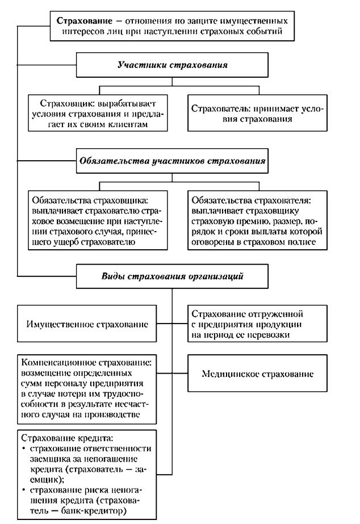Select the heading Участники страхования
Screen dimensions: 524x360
point(172,65)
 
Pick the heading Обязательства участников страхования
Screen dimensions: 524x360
point(172,161)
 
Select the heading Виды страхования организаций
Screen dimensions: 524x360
point(172,277)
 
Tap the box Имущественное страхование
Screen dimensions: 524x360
point(87,325)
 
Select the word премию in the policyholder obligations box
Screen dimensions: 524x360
point(268,222)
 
